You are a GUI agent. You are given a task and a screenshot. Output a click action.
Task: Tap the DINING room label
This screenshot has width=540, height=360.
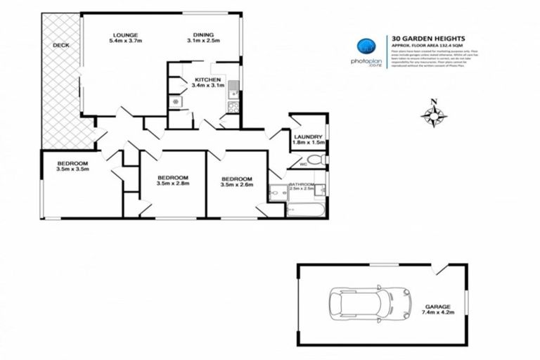pyautogui.click(x=204, y=35)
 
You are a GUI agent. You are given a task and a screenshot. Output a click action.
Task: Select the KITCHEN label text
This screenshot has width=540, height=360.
pyautogui.click(x=209, y=79)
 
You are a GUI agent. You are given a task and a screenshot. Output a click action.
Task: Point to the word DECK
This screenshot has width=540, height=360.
pyautogui.click(x=60, y=46)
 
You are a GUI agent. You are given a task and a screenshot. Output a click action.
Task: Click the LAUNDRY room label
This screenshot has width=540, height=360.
pyautogui.click(x=309, y=136)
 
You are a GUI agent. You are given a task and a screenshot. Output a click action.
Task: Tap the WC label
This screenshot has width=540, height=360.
pyautogui.click(x=302, y=164)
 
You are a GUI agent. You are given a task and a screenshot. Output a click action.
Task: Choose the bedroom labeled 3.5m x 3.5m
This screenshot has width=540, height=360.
pyautogui.click(x=72, y=169)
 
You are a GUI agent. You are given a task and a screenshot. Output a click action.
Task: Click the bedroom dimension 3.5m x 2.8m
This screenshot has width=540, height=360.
pyautogui.click(x=172, y=185)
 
